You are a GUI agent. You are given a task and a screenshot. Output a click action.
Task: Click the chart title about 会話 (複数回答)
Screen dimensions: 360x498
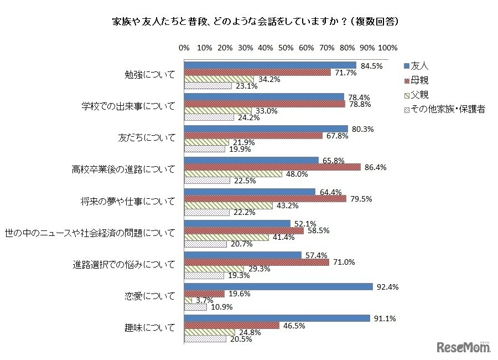click(x=248, y=23)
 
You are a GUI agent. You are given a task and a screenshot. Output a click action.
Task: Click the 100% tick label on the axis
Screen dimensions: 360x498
click(x=387, y=48)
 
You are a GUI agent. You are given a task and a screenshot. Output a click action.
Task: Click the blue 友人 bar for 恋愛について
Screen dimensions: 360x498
click(x=278, y=286)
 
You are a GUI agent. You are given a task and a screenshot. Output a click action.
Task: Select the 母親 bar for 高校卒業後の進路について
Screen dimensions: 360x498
click(x=272, y=167)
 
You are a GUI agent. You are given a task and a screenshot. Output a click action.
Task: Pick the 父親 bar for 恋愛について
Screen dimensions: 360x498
click(x=188, y=300)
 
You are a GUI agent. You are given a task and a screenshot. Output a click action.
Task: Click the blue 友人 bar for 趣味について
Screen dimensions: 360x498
click(x=277, y=318)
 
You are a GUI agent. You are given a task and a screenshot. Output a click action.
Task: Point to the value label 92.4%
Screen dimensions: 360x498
click(x=387, y=286)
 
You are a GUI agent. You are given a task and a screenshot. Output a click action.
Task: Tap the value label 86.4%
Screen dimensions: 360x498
click(x=375, y=167)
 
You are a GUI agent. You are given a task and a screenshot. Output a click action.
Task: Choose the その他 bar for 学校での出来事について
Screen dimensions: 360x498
click(x=209, y=117)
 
